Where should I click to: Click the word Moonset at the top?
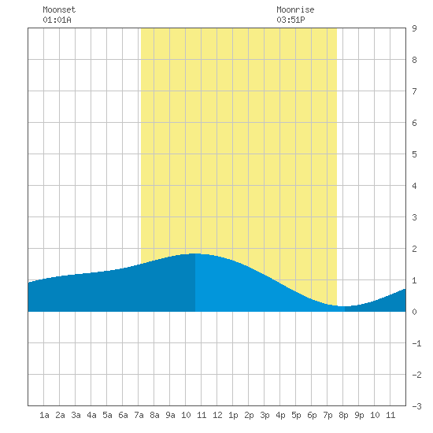tap(59, 9)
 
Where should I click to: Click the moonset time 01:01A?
tap(57, 20)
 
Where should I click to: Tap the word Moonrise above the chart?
tap(295, 9)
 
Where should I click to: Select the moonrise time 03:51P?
tap(291, 20)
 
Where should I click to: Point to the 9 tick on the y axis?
tap(414, 28)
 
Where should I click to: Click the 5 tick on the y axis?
tap(414, 154)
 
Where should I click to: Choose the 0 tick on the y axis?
tap(414, 312)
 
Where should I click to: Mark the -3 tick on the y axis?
tap(416, 406)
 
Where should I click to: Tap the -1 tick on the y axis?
tap(416, 343)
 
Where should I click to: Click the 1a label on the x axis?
tap(44, 415)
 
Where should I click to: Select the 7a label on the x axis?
tap(139, 415)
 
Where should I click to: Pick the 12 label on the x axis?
tap(217, 415)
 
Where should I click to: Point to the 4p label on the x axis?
tap(280, 415)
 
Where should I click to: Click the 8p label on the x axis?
tap(343, 415)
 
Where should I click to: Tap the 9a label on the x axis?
tap(170, 415)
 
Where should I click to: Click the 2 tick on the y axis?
tap(414, 249)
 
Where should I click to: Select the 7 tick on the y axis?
tap(414, 91)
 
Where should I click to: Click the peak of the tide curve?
tap(195, 254)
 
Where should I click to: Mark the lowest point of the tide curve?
tap(344, 306)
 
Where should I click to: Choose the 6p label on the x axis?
tap(312, 415)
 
